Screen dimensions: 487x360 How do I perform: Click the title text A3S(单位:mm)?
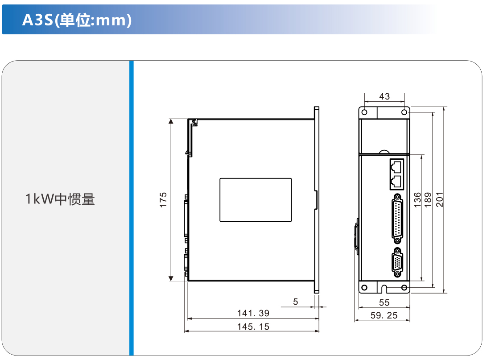77,20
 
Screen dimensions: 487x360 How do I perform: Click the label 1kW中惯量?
60,199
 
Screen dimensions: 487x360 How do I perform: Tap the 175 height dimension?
163,200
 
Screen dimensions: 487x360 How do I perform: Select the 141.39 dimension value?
253,313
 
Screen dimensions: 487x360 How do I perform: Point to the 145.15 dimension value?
253,327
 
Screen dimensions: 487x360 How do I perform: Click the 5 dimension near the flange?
295,302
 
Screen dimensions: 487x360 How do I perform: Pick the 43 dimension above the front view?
384,96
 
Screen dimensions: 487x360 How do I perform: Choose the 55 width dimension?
384,302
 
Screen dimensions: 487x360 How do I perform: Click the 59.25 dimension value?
384,315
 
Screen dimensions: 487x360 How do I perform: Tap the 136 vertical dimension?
417,200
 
